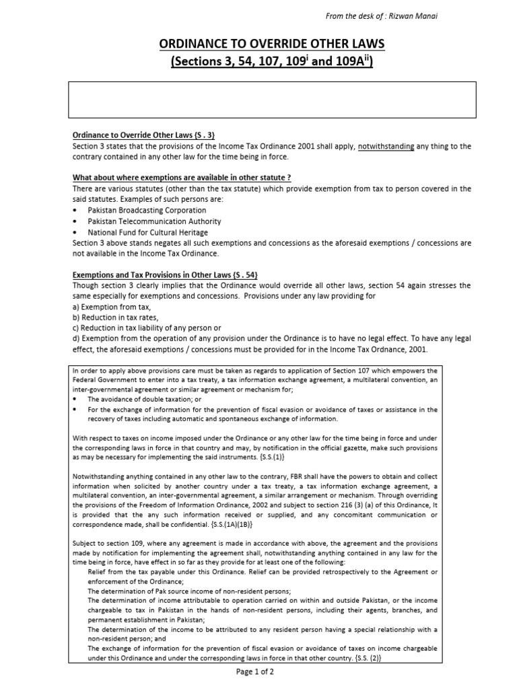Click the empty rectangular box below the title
click(274, 100)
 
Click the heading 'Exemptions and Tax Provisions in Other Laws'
click(165, 275)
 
